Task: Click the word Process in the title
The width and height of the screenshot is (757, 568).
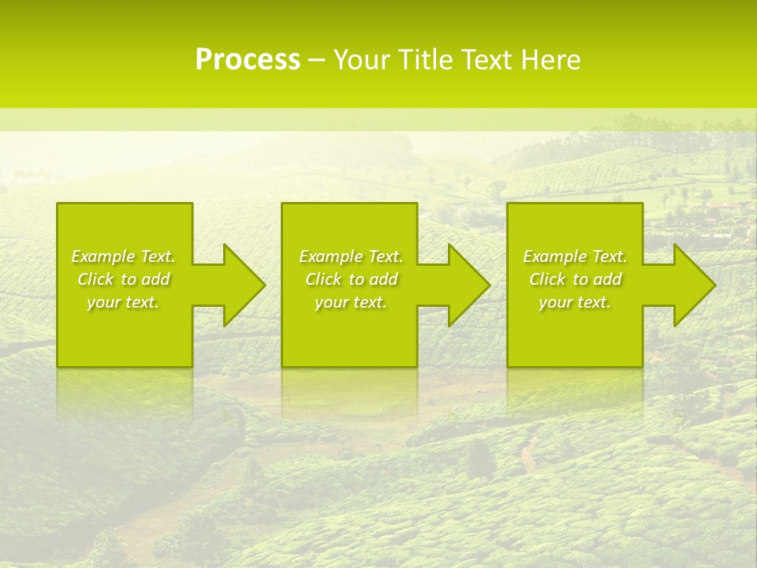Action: (248, 60)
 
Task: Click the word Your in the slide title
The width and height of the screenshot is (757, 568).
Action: (363, 60)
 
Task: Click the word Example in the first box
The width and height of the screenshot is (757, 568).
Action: (103, 256)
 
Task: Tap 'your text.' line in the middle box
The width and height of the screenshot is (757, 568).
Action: (350, 302)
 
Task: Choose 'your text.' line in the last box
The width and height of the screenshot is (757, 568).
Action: (574, 302)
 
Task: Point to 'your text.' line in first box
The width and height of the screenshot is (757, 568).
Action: (123, 302)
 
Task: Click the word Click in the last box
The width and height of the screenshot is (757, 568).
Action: (548, 279)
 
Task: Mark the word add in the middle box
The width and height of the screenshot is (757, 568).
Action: (383, 279)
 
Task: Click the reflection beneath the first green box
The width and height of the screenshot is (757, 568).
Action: (125, 390)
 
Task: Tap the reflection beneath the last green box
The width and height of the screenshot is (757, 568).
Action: (574, 390)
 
